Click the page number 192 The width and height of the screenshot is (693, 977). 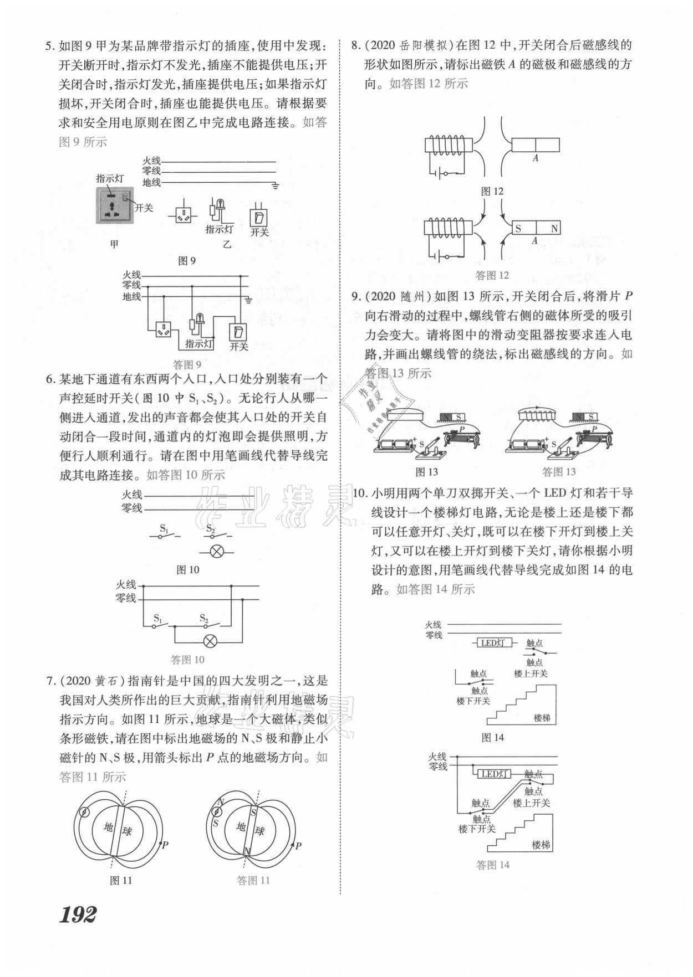(78, 914)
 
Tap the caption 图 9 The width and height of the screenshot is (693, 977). (186, 260)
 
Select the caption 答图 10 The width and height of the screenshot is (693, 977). (187, 660)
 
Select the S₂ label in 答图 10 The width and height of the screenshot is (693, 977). (204, 618)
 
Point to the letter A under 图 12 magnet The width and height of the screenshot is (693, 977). (535, 158)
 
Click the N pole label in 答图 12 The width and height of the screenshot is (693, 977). (554, 228)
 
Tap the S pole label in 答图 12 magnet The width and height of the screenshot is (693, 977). (518, 228)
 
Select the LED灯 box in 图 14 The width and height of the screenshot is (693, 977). (492, 643)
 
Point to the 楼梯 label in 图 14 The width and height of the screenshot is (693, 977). (542, 718)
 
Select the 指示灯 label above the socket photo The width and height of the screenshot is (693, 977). (110, 178)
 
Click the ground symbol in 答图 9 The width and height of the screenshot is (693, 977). (249, 300)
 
